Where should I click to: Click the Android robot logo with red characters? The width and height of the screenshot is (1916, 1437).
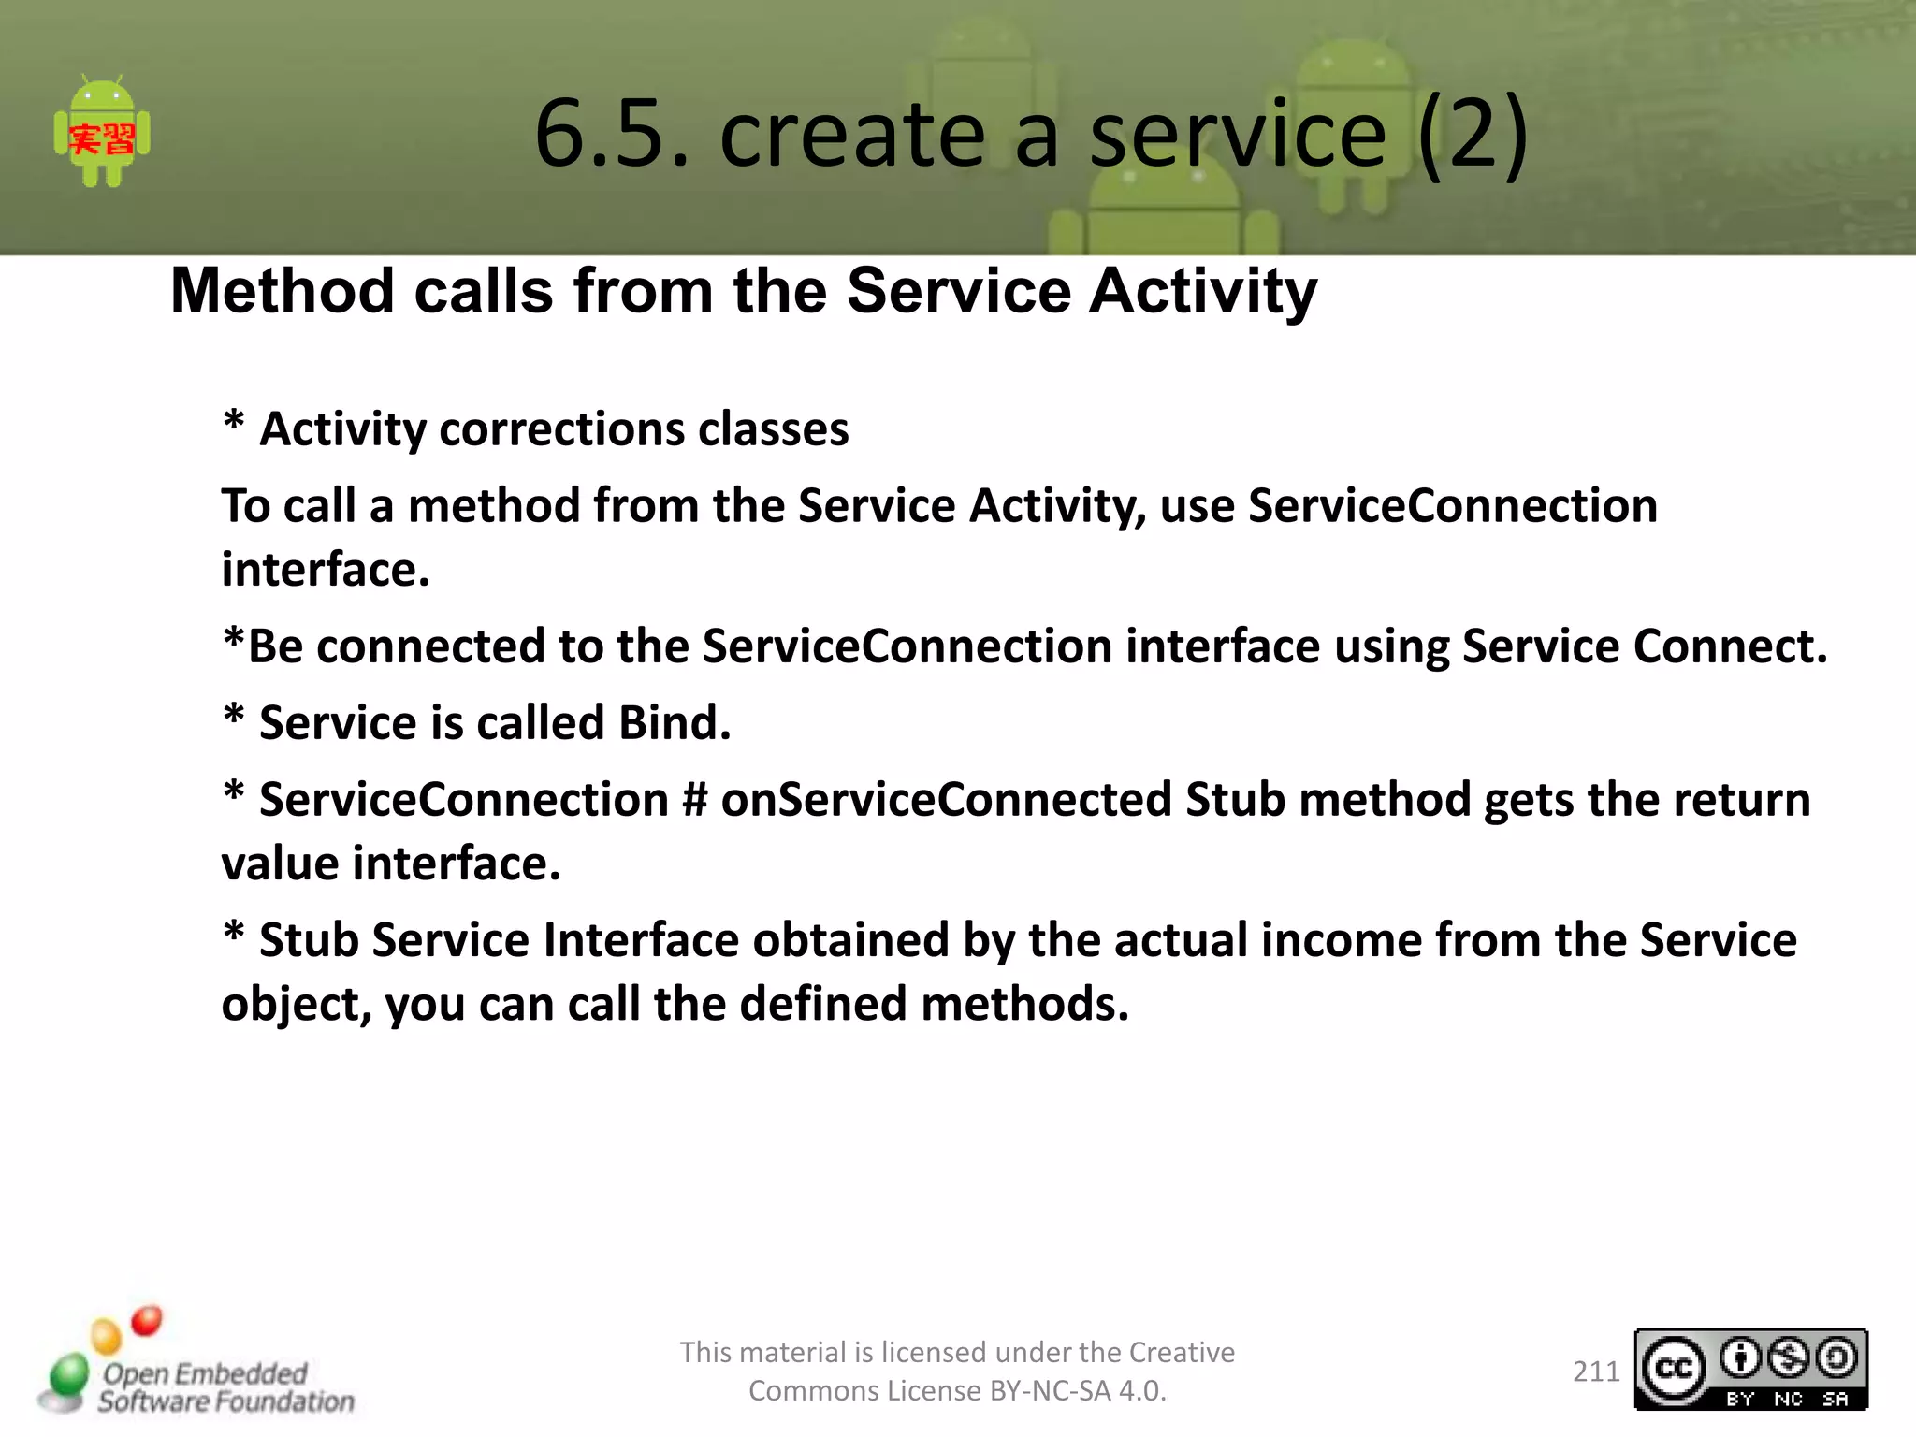coord(102,134)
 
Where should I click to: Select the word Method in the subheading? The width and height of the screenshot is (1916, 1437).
coord(283,291)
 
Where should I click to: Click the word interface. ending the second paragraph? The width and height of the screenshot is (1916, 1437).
coord(326,570)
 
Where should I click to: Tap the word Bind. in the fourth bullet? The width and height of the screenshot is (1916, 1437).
coord(674,723)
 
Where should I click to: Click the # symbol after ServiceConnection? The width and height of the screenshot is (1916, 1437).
coord(694,801)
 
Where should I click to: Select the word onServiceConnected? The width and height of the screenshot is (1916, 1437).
coord(945,801)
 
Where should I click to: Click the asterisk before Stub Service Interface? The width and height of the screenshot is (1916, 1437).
coord(234,936)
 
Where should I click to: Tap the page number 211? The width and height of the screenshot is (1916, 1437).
coord(1595,1372)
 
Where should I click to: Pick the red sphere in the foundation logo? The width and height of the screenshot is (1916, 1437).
coord(146,1320)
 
